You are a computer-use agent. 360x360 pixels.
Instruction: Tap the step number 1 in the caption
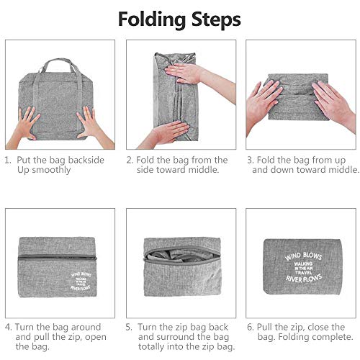pyautogui.click(x=8, y=160)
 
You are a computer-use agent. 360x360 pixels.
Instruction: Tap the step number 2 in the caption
pyautogui.click(x=130, y=160)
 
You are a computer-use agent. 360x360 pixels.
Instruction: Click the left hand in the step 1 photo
pyautogui.click(x=26, y=123)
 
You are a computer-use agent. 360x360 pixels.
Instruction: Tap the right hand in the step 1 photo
pyautogui.click(x=90, y=123)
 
